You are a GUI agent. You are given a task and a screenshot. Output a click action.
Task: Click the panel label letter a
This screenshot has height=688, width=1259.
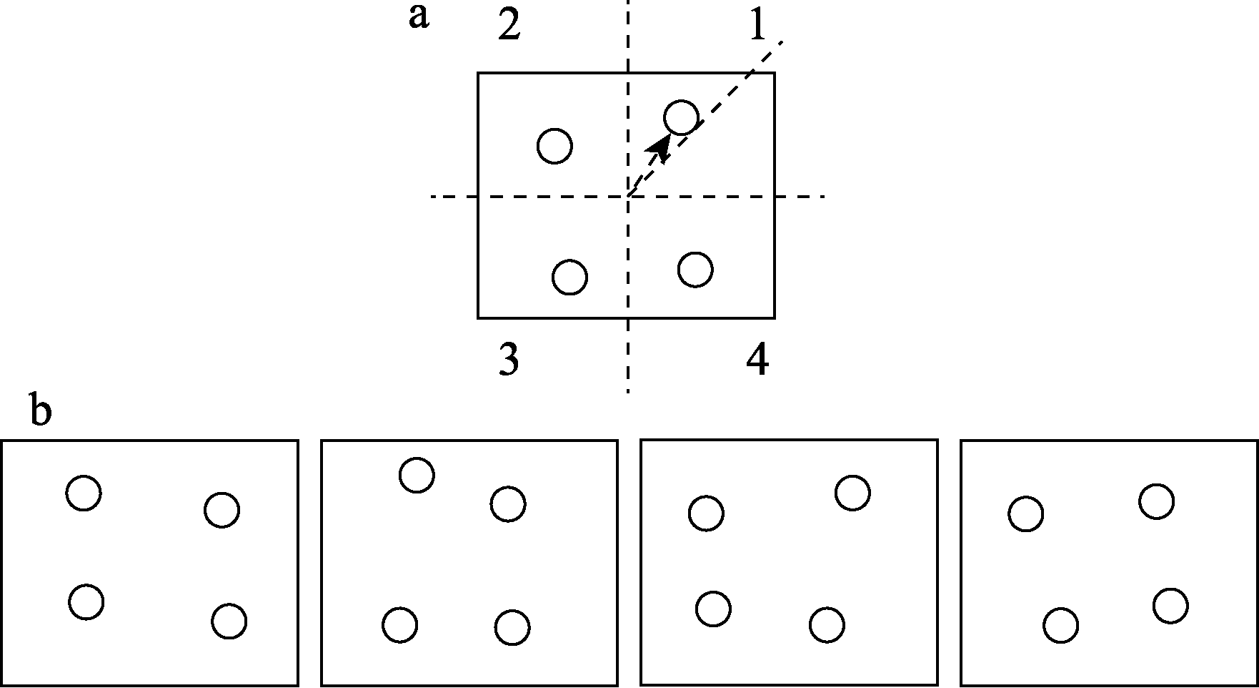click(x=419, y=18)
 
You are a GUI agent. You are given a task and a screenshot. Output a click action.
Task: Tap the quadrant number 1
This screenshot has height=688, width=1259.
click(x=757, y=26)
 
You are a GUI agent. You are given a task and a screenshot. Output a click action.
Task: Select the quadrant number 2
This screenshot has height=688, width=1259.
click(x=509, y=26)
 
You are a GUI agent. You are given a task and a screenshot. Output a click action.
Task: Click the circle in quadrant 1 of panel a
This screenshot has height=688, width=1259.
click(x=681, y=117)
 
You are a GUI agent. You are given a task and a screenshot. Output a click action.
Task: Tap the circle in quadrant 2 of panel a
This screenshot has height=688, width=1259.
click(x=554, y=146)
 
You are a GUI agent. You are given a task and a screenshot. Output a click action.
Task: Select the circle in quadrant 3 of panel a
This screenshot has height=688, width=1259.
click(x=570, y=277)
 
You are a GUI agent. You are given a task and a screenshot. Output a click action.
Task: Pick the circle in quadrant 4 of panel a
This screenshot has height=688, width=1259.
click(x=695, y=270)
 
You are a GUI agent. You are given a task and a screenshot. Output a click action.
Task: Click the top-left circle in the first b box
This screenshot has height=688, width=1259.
click(x=84, y=493)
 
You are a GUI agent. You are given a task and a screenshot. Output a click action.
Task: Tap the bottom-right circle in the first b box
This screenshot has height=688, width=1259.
click(x=229, y=621)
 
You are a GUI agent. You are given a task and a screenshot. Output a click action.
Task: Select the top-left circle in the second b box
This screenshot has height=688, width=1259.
click(x=417, y=475)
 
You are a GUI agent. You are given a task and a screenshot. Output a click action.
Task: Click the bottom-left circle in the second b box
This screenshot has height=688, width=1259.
click(x=399, y=625)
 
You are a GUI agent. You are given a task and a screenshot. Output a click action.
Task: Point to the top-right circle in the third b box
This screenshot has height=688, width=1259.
click(x=852, y=493)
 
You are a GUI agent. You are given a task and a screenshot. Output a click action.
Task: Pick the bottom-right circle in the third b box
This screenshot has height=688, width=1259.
click(x=827, y=625)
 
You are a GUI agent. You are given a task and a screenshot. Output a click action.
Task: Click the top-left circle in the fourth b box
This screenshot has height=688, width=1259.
click(x=1026, y=513)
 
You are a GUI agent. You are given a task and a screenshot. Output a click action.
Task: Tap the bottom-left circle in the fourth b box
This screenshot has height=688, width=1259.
click(x=1061, y=626)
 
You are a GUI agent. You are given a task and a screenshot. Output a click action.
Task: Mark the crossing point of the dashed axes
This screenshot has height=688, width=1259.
click(x=628, y=196)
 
